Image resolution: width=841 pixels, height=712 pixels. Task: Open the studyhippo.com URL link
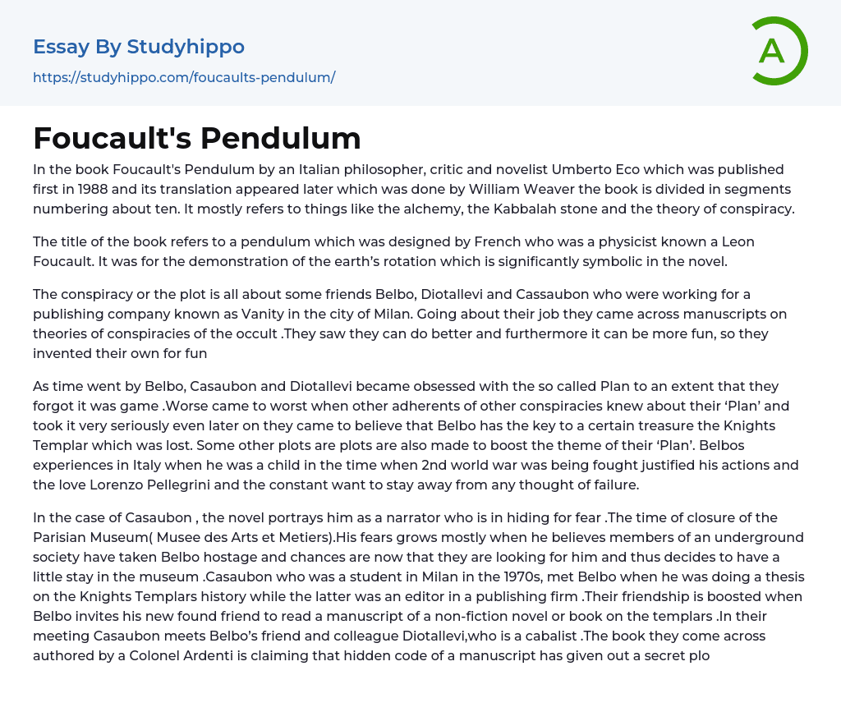(x=184, y=77)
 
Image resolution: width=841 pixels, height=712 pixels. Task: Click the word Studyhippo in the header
(x=186, y=47)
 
